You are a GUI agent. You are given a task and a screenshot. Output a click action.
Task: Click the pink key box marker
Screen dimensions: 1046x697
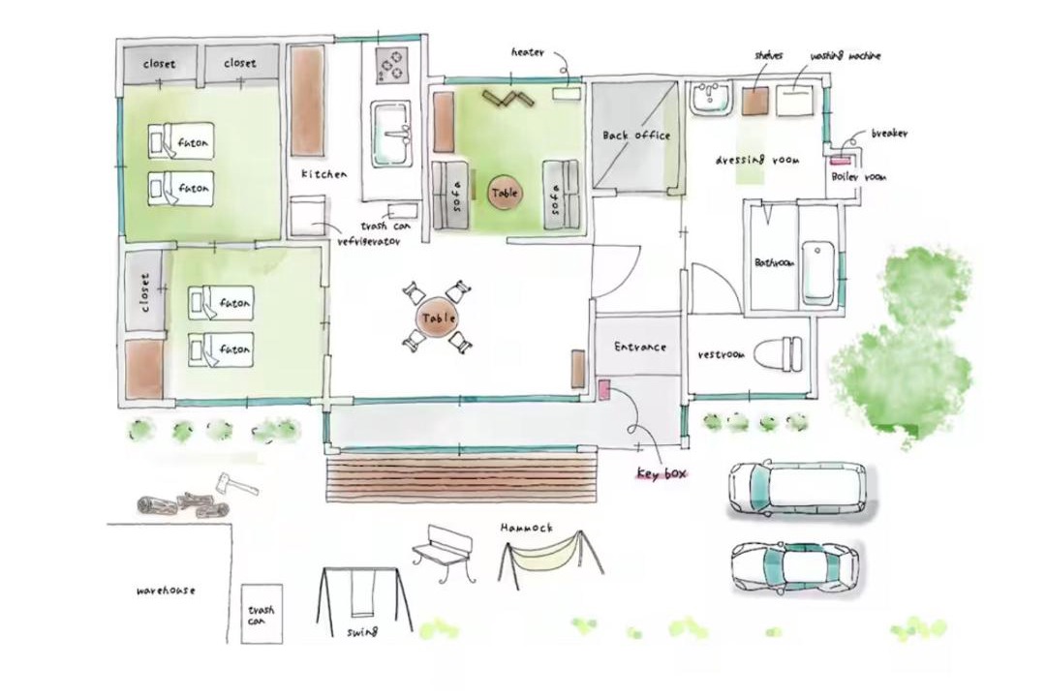click(604, 389)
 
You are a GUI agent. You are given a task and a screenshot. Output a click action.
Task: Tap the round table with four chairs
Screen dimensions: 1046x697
click(438, 318)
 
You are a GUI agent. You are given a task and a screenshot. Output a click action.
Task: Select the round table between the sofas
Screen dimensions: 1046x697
click(505, 194)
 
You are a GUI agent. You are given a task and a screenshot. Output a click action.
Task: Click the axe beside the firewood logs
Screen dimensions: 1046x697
click(236, 484)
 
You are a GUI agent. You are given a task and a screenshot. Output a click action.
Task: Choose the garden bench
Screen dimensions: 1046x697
click(446, 553)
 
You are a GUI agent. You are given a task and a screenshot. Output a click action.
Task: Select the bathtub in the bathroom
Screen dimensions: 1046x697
click(817, 272)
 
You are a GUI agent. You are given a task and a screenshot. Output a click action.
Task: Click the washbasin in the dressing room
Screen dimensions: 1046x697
click(710, 98)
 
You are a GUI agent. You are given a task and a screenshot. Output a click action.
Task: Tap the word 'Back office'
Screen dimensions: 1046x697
click(635, 136)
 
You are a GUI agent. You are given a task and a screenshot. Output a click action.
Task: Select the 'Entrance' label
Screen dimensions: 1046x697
click(640, 347)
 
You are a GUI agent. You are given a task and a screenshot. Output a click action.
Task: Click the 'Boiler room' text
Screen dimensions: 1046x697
click(858, 177)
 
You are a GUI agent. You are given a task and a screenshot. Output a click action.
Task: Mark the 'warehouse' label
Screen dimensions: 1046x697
click(167, 591)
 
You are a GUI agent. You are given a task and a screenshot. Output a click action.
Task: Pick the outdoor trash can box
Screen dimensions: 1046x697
click(261, 614)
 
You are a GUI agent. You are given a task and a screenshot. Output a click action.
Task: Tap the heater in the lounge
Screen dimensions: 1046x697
click(566, 93)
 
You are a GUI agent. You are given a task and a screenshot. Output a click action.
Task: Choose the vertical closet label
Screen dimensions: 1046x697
click(144, 292)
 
